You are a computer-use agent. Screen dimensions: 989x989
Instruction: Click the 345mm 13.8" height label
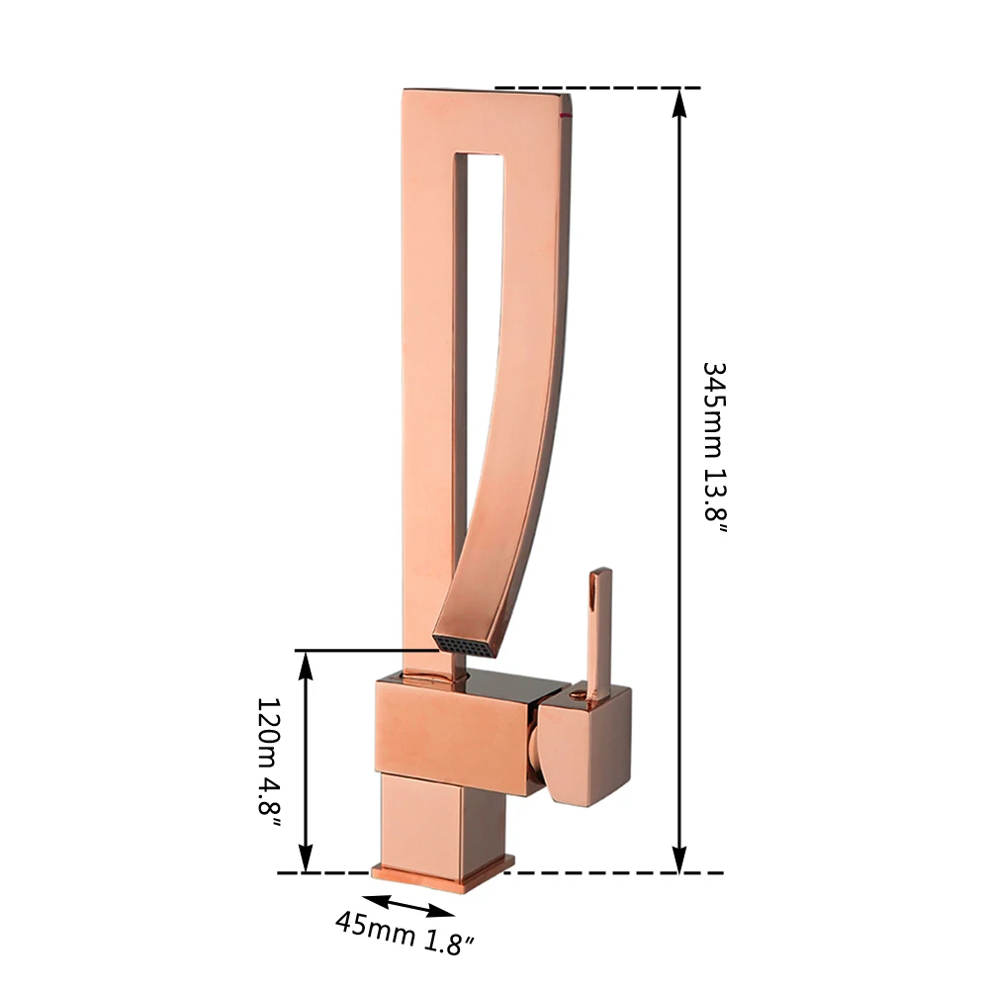click(715, 447)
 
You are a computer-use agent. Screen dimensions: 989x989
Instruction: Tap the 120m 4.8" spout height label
click(269, 766)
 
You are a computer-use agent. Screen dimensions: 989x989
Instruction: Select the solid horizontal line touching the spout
click(366, 651)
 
